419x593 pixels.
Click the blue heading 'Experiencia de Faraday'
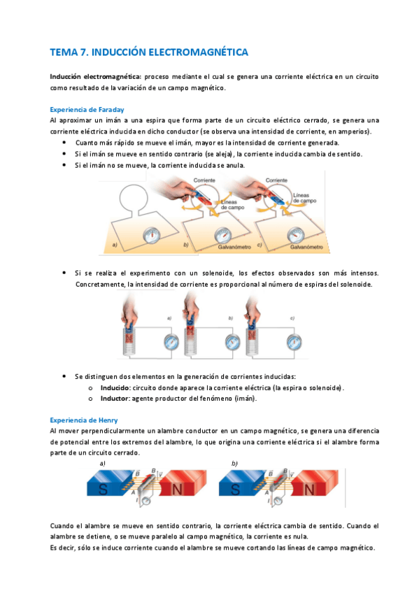pyautogui.click(x=87, y=110)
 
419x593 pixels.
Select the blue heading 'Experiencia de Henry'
pyautogui.click(x=84, y=420)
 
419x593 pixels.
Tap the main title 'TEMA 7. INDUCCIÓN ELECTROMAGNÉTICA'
pyautogui.click(x=149, y=52)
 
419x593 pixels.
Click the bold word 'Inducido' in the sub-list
pyautogui.click(x=115, y=387)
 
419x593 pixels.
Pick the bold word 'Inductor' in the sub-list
pyautogui.click(x=115, y=398)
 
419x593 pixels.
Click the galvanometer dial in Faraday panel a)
pyautogui.click(x=152, y=235)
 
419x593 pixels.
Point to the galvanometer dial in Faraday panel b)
pyautogui.click(x=222, y=235)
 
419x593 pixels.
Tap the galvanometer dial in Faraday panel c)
pyautogui.click(x=295, y=235)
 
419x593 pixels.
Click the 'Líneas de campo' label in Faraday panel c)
pyautogui.click(x=304, y=198)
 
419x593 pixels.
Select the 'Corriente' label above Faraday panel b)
pyautogui.click(x=204, y=180)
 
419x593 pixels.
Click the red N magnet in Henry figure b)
pyautogui.click(x=316, y=483)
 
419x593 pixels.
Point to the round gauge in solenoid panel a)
pyautogui.click(x=171, y=342)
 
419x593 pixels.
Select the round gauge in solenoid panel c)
pyautogui.click(x=294, y=342)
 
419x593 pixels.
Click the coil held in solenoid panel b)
pyautogui.click(x=190, y=341)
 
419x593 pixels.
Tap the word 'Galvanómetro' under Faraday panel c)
pyautogui.click(x=306, y=247)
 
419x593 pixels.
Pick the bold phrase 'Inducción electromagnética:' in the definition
pyautogui.click(x=96, y=77)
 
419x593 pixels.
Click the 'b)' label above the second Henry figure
pyautogui.click(x=234, y=463)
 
